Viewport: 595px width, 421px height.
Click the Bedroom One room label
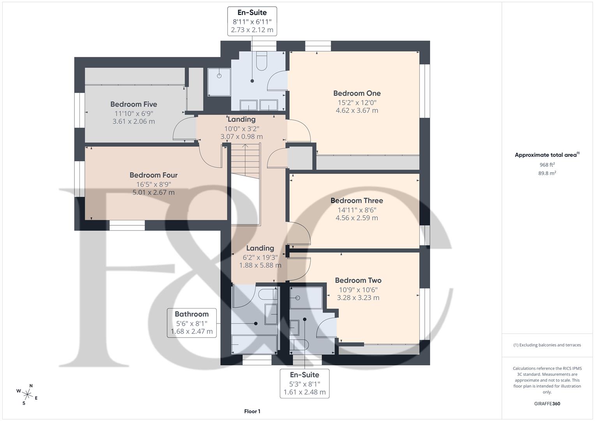357,93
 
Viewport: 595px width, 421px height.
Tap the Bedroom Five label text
134,104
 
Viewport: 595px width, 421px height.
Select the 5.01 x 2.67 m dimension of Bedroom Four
154,192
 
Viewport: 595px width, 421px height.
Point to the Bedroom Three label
357,200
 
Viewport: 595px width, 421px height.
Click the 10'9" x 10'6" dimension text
358,290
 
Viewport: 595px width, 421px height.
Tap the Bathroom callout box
192,323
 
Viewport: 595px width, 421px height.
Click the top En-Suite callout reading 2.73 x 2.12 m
252,21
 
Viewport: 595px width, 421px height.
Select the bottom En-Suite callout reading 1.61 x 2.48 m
304,383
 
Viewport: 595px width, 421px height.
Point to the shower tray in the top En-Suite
219,82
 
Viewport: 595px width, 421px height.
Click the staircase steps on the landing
245,161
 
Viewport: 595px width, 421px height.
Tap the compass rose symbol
27,394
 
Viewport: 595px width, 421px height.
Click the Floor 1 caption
252,411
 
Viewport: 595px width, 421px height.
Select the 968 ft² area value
547,165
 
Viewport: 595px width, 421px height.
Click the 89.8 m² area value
547,173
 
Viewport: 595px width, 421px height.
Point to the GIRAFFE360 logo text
547,403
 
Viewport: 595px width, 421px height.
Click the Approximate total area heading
547,155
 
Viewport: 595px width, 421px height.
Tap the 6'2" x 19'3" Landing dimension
260,257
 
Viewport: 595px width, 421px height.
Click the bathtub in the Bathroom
254,345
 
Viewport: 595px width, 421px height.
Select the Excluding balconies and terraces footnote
547,345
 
